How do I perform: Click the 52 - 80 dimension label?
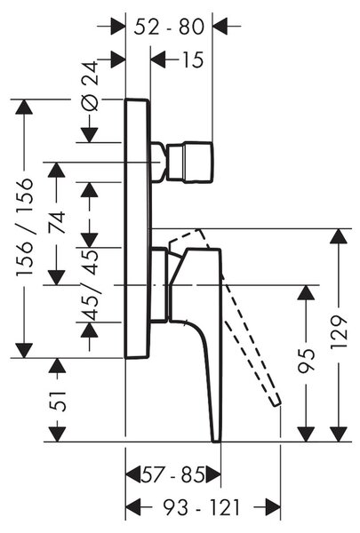pos(169,27)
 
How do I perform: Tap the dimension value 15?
pos(193,60)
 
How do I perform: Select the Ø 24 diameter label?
pos(90,86)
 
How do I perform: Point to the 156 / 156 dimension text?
pos(25,227)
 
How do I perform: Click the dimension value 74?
pos(56,222)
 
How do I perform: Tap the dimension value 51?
pos(57,402)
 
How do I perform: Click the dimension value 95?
pos(306,361)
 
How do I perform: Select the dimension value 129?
pos(339,331)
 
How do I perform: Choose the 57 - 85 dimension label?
pos(173,474)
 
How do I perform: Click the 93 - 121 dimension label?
pos(202,508)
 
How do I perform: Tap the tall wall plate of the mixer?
pos(137,228)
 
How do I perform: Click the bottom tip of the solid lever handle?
pos(216,442)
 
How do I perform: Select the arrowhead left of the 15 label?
pos(158,60)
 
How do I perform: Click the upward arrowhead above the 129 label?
pos(339,236)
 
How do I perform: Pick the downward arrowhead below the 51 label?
pos(57,434)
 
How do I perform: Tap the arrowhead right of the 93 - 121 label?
pos(273,508)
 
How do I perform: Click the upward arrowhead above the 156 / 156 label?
pos(24,107)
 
